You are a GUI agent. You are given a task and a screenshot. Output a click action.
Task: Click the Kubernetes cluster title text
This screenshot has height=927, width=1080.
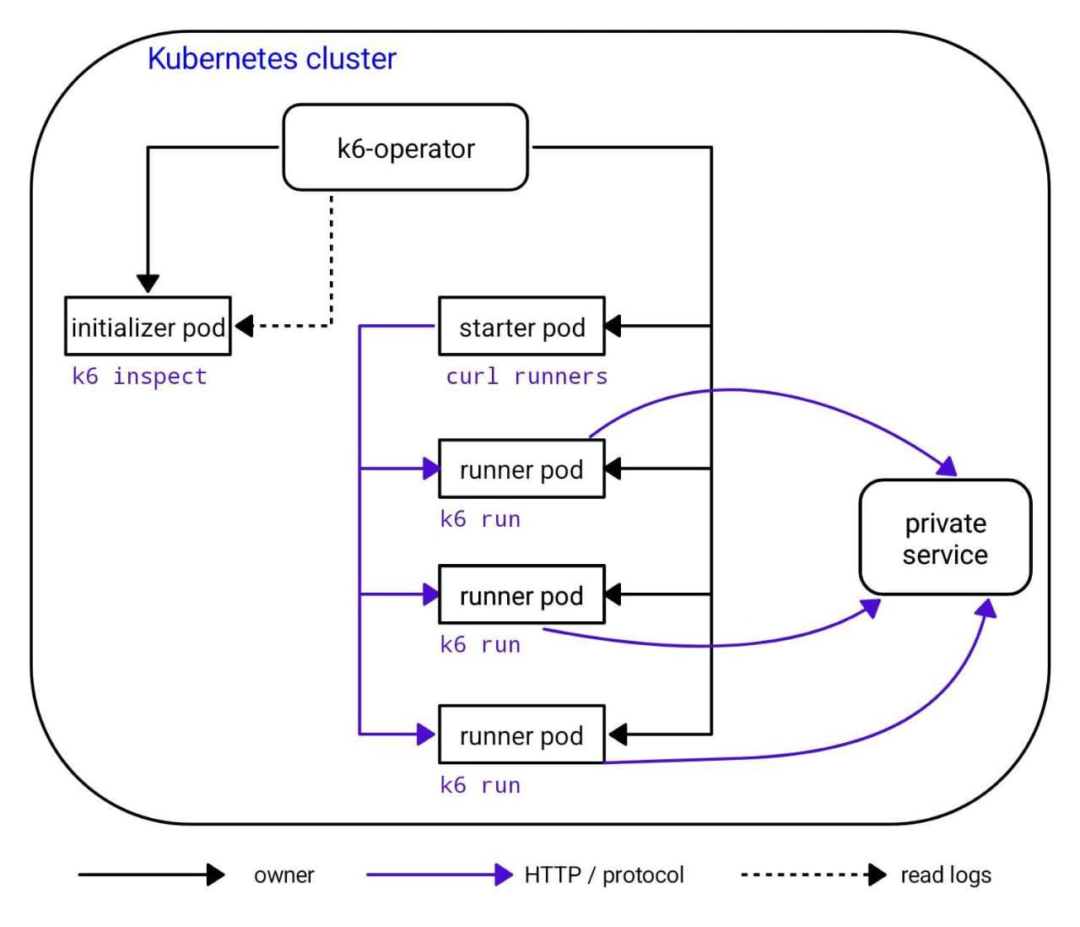pyautogui.click(x=272, y=59)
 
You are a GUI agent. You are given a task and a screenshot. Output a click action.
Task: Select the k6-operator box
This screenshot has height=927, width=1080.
pyautogui.click(x=405, y=148)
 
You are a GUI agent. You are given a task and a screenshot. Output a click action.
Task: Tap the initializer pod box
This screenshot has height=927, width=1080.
pyautogui.click(x=148, y=326)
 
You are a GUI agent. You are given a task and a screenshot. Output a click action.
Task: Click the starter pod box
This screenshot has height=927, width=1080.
pyautogui.click(x=521, y=326)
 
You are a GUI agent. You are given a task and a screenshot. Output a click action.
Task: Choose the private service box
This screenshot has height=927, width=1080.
pyautogui.click(x=945, y=538)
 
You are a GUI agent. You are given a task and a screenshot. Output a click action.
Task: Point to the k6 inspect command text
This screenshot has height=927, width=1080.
pyautogui.click(x=139, y=377)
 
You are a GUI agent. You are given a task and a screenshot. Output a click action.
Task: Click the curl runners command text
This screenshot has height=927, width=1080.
pyautogui.click(x=526, y=377)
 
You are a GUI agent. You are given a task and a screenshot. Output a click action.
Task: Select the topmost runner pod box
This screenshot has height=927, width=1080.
pyautogui.click(x=521, y=469)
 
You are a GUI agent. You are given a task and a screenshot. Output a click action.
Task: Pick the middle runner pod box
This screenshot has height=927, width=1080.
pyautogui.click(x=521, y=594)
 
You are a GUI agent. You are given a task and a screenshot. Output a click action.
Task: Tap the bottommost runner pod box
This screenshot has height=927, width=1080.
pyautogui.click(x=521, y=735)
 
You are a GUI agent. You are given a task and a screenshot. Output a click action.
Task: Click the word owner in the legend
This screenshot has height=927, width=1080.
pyautogui.click(x=283, y=875)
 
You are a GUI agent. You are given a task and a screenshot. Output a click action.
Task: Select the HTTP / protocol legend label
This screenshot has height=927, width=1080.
pyautogui.click(x=603, y=875)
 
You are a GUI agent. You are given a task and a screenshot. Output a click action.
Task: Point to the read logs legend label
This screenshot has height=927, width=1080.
pyautogui.click(x=945, y=875)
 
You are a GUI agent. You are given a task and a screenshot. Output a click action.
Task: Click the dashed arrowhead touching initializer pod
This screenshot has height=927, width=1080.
pyautogui.click(x=244, y=326)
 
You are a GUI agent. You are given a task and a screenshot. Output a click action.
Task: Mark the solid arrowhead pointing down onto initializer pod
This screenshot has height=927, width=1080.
pyautogui.click(x=148, y=284)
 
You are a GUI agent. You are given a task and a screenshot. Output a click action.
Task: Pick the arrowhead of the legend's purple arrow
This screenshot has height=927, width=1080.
pyautogui.click(x=503, y=875)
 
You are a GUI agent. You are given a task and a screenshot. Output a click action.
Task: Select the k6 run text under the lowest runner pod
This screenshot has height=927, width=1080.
pyautogui.click(x=480, y=785)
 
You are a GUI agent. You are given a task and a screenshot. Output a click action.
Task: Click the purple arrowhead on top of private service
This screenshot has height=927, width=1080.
pyautogui.click(x=948, y=467)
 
